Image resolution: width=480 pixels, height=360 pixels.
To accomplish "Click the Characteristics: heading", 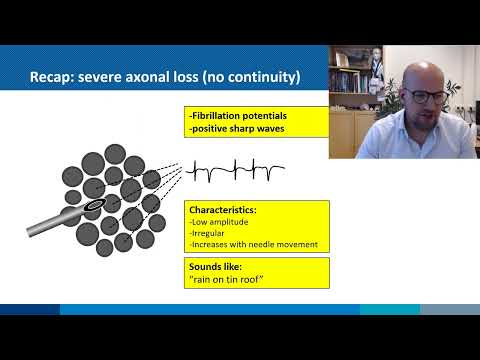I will coord(222,211).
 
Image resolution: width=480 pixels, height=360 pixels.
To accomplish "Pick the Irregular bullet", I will coord(208,234).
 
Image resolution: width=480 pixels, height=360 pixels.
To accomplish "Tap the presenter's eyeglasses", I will coord(424,96).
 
